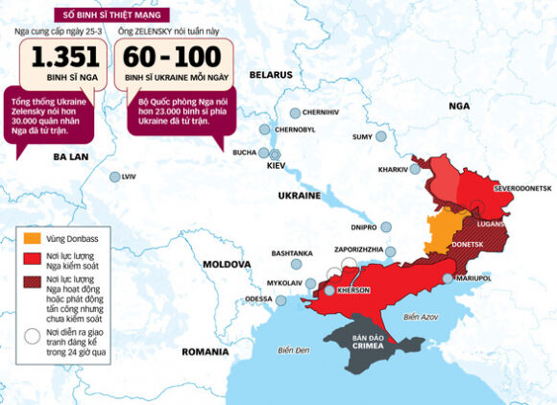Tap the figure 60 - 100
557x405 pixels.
coord(172,59)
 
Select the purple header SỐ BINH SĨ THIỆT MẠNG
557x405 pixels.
coord(112,14)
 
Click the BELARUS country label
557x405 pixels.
coord(271,74)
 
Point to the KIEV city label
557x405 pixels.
coord(277,166)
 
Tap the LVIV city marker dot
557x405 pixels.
coord(115,177)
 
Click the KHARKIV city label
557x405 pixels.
coord(393,169)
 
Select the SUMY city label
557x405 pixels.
coord(362,137)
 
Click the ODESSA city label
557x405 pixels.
coord(258,299)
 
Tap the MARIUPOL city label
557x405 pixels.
coord(472,278)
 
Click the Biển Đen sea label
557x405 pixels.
coord(294,350)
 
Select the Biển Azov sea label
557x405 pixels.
coord(421,317)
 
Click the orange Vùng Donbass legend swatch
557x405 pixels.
coord(32,236)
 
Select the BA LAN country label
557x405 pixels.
coord(71,155)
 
